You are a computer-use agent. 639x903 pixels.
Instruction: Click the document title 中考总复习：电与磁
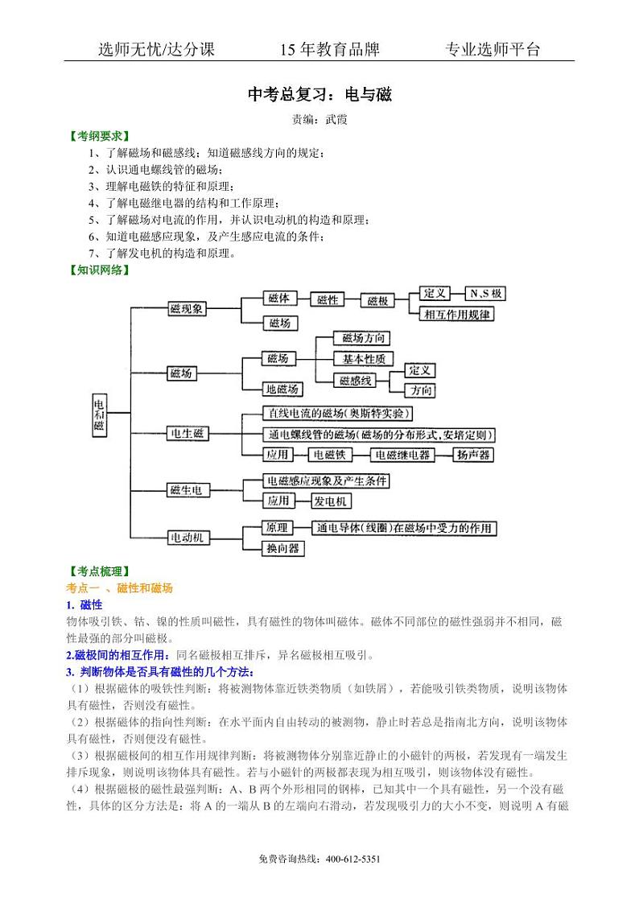point(319,94)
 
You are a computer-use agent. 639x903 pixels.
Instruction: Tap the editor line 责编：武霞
point(319,119)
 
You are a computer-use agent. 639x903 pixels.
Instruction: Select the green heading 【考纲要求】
point(99,136)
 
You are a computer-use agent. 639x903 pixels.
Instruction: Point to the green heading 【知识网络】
point(99,270)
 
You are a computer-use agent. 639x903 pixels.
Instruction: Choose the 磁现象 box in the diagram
point(188,309)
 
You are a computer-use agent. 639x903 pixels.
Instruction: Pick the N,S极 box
point(486,293)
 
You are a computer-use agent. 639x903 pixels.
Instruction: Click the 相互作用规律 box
point(456,315)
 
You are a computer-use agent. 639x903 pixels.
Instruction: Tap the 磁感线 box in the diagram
point(355,380)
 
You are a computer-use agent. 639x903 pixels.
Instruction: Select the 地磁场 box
point(282,390)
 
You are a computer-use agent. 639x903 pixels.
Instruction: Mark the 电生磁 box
point(188,434)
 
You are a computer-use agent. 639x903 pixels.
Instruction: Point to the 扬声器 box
point(473,455)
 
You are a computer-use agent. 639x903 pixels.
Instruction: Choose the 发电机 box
point(331,501)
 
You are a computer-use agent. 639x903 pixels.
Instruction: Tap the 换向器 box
point(282,548)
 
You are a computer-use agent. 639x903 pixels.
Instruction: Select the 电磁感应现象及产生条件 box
point(327,480)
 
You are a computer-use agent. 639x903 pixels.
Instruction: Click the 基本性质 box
point(364,358)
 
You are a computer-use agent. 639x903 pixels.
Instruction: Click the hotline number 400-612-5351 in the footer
point(353,860)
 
